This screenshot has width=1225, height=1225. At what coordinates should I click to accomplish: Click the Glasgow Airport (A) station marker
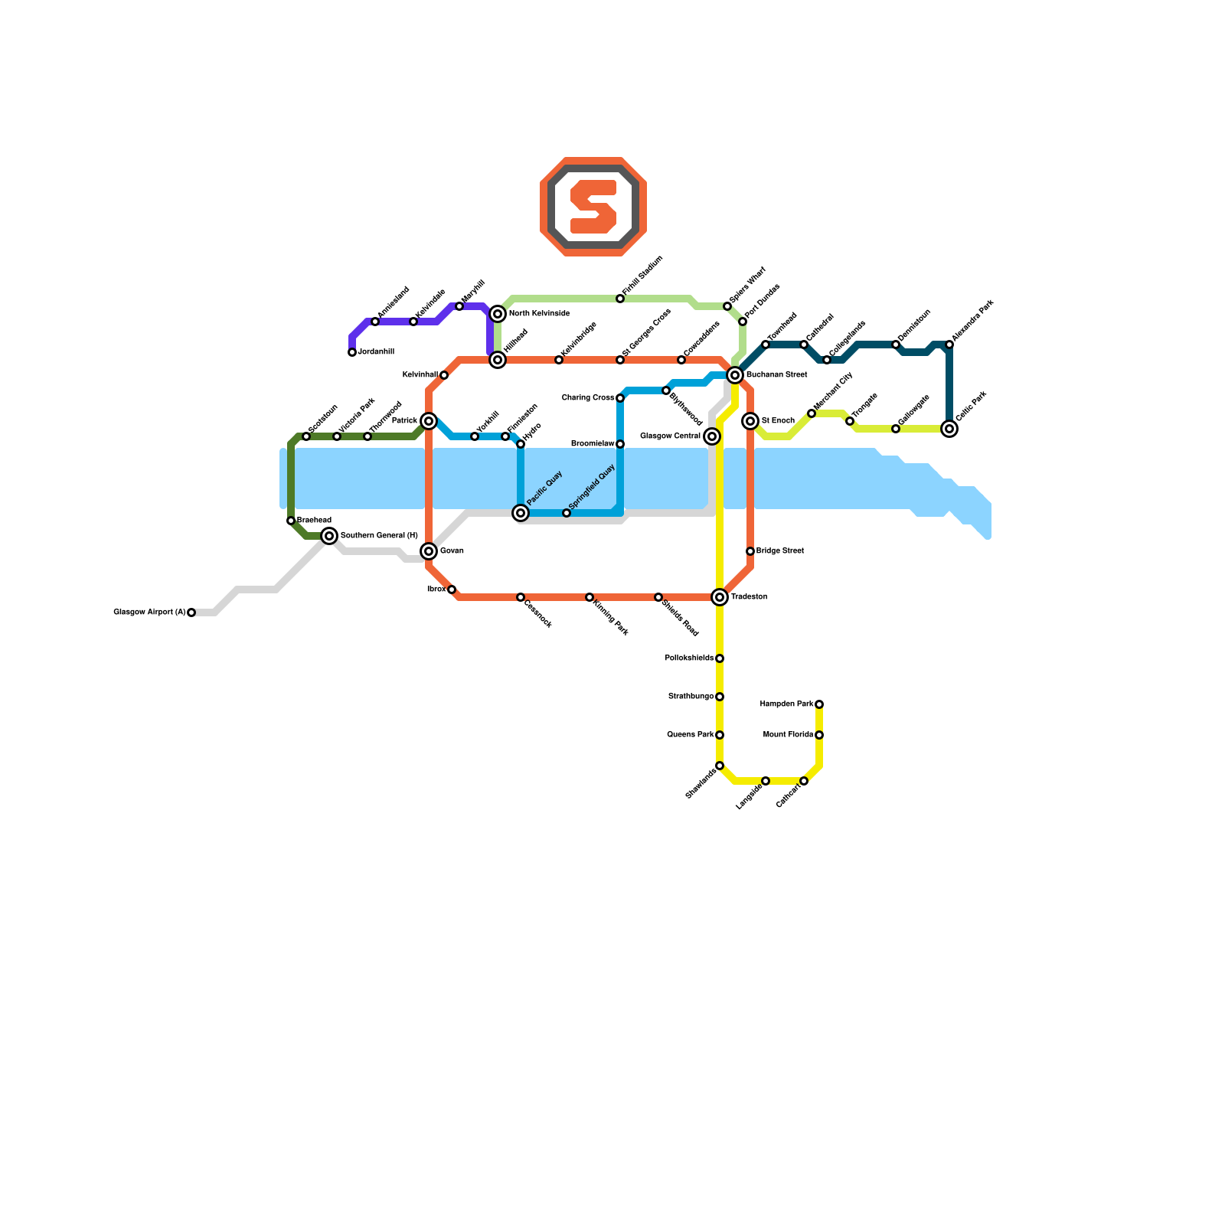(x=191, y=612)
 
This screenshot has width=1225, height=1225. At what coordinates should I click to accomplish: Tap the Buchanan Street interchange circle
(x=735, y=375)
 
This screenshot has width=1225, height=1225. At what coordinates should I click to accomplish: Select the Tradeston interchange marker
(x=720, y=597)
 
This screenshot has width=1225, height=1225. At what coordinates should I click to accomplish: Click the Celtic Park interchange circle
(x=949, y=429)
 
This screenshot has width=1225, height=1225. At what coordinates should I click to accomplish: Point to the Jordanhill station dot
(x=352, y=352)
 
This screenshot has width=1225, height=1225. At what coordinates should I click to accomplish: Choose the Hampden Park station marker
(x=819, y=704)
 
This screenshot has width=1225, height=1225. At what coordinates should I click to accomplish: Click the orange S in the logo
(x=593, y=207)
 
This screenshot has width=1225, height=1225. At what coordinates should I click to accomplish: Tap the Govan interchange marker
(x=429, y=551)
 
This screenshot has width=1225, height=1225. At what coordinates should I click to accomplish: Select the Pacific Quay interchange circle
(x=521, y=513)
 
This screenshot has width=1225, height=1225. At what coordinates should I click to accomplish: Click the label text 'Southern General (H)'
(x=379, y=536)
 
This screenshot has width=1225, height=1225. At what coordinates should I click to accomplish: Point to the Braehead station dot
(x=291, y=521)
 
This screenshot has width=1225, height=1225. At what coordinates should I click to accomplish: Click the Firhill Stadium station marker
(x=620, y=299)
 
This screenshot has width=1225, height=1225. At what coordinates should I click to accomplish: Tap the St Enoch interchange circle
(x=750, y=421)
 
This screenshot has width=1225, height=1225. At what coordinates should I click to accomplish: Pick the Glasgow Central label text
(x=670, y=436)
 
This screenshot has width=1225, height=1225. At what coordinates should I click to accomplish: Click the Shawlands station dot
(x=720, y=766)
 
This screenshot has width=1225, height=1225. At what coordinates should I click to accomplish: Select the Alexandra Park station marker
(x=949, y=345)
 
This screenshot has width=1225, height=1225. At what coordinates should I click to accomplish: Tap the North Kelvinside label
(x=539, y=314)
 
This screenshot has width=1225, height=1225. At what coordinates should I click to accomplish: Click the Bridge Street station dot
(x=750, y=551)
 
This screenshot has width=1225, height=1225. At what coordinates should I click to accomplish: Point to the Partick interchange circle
(x=429, y=421)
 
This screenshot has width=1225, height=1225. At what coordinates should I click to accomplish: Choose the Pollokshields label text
(x=689, y=658)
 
